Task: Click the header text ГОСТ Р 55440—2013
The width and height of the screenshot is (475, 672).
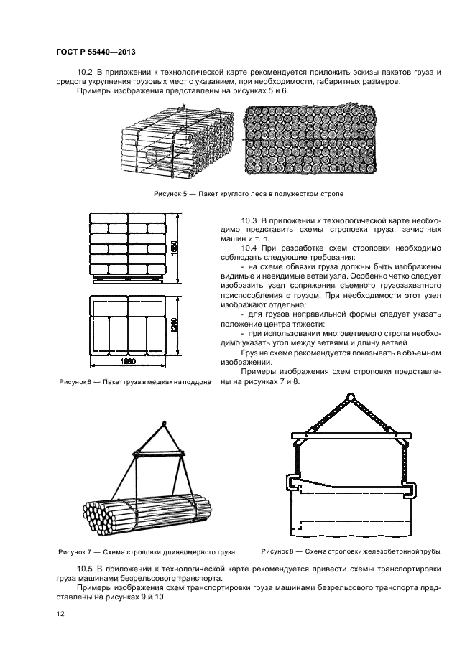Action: [x=95, y=52]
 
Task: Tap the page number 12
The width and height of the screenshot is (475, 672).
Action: [x=59, y=614]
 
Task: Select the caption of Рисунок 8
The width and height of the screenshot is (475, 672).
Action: [x=350, y=551]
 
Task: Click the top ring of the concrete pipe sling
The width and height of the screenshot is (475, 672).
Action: [x=351, y=397]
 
